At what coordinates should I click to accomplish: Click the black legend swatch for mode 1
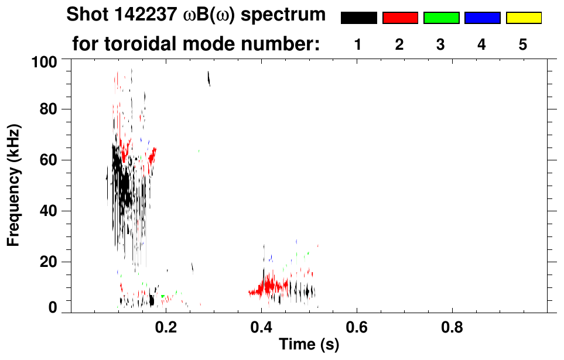coord(358,18)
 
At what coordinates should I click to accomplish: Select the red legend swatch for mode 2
coord(400,18)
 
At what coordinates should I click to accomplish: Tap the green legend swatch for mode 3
coord(441,18)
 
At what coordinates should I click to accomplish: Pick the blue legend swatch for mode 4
coord(482,18)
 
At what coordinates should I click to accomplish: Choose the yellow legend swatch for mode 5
coord(523,18)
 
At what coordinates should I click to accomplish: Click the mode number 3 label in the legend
coord(441,45)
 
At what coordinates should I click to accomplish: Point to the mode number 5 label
coord(523,45)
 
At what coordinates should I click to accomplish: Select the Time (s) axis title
coord(308,345)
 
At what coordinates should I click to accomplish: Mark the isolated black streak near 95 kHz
coord(208,78)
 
